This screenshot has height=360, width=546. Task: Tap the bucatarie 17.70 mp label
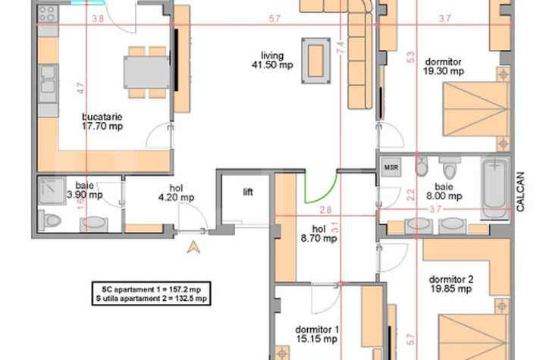[102, 122]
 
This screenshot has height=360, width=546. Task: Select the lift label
[247, 193]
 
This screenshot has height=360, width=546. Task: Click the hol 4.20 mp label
[176, 193]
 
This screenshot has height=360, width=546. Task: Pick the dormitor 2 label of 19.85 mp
[449, 283]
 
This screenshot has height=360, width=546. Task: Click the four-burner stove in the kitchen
[47, 13]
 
